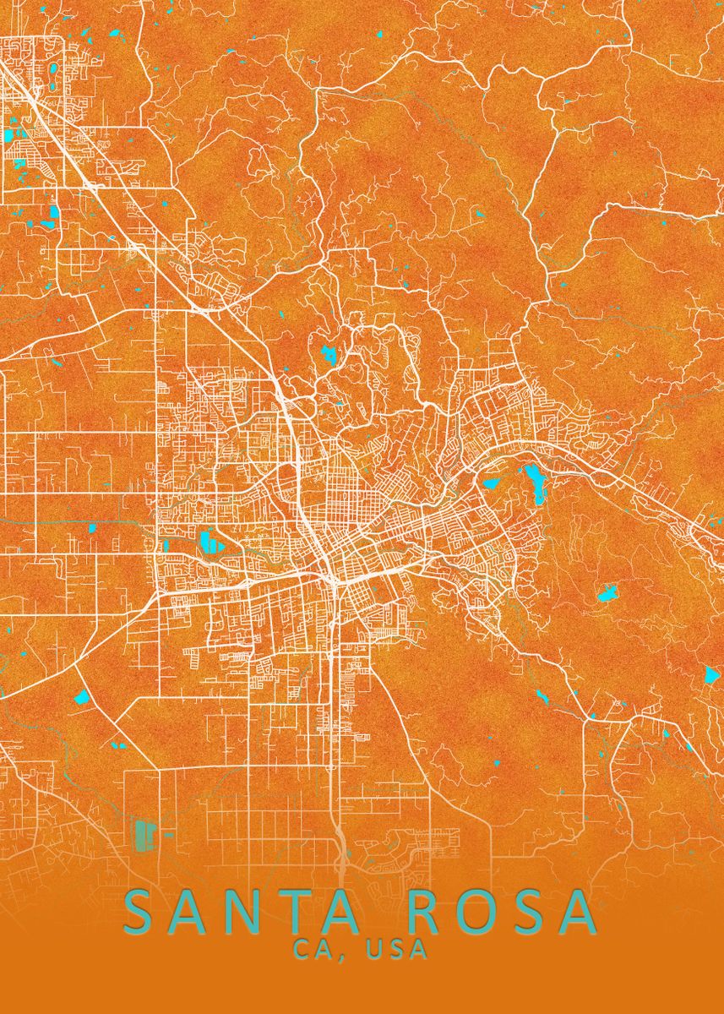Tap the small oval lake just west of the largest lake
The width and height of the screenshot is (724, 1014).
[491, 484]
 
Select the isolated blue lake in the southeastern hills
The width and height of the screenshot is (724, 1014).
[607, 593]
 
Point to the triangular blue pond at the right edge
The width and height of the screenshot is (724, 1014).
[711, 674]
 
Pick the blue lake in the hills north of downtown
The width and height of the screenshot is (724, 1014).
[328, 353]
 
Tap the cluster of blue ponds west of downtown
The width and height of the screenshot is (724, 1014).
[209, 541]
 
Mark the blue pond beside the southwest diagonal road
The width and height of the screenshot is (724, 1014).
[82, 697]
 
